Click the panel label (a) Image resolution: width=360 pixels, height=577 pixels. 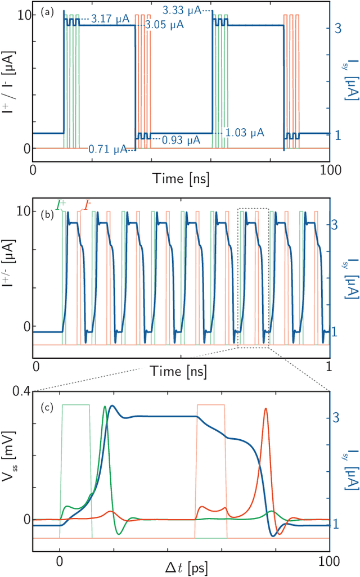47,12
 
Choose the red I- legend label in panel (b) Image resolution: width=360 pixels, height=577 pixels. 88,205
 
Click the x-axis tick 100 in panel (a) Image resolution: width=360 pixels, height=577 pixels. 328,169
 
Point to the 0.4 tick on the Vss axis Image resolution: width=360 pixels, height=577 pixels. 23,391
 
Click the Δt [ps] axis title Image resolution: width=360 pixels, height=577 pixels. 187,567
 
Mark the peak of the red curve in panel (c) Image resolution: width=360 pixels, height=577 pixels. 265,409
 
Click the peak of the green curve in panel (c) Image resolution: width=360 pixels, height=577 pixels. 105,407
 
